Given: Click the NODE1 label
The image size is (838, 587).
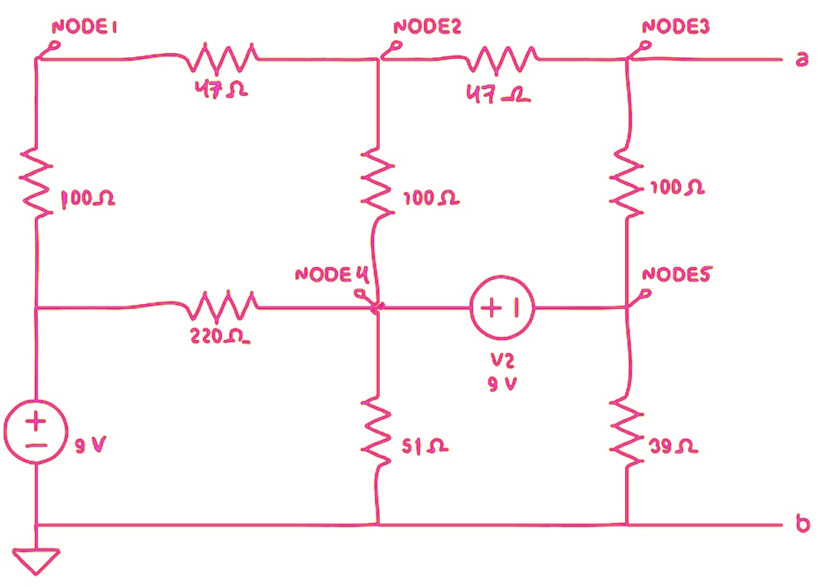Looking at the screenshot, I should click(x=85, y=27).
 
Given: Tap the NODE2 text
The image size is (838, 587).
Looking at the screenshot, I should click(x=427, y=27).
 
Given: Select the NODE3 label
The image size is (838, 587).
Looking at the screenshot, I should click(x=676, y=27).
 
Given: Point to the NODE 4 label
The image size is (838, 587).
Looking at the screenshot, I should click(x=327, y=274).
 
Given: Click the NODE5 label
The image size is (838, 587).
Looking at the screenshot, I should click(x=677, y=274).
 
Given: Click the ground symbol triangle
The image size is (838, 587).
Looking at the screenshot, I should click(x=37, y=561).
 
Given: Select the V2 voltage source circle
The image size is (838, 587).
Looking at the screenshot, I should click(x=502, y=308).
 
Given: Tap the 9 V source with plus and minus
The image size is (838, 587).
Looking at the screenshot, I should click(x=36, y=433).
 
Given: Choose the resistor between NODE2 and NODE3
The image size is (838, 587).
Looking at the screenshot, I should click(x=502, y=58).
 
